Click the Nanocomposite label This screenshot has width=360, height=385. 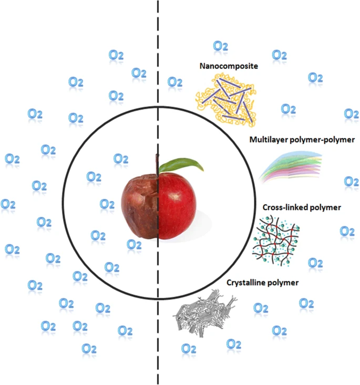(x=229, y=66)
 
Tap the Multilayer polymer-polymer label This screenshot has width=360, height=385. (x=302, y=140)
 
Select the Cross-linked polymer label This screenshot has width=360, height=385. (x=302, y=207)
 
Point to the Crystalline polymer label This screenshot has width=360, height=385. (x=262, y=283)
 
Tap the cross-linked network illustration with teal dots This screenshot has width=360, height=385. (x=276, y=241)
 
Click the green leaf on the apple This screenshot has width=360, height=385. (x=181, y=165)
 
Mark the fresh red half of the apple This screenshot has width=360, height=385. (x=177, y=205)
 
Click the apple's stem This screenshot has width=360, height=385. (x=157, y=164)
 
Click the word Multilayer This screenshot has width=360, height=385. (x=269, y=140)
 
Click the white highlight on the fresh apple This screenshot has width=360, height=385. (x=176, y=196)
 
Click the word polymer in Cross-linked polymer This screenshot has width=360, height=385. (x=325, y=207)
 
